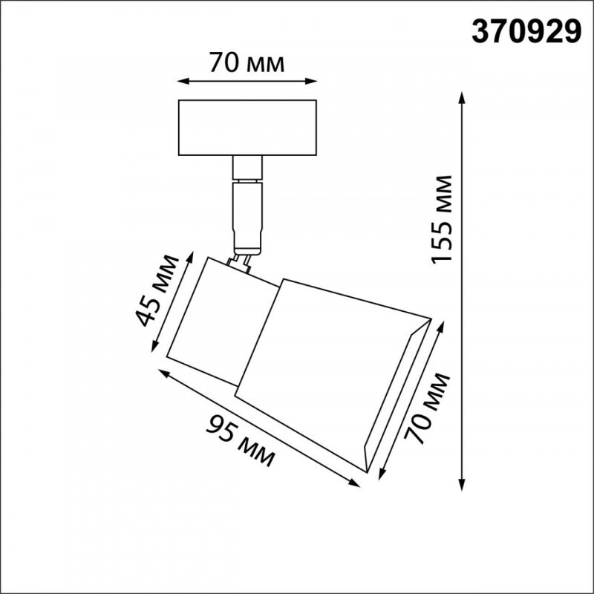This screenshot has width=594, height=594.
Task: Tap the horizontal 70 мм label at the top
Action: [247, 63]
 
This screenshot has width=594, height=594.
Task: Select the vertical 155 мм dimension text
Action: [443, 219]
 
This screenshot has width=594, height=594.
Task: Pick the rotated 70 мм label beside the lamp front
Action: [428, 409]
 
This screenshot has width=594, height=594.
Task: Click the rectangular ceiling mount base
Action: [248, 128]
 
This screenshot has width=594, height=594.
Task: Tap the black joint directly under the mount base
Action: [247, 169]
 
